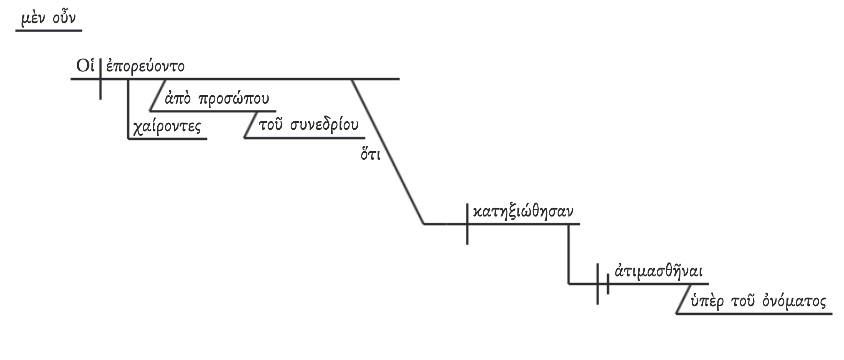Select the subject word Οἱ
pyautogui.click(x=85, y=66)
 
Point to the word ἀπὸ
pyautogui.click(x=177, y=99)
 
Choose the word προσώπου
pyautogui.click(x=234, y=99)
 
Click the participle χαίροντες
pyautogui.click(x=166, y=127)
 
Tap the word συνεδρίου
pyautogui.click(x=324, y=125)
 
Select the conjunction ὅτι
pyautogui.click(x=371, y=156)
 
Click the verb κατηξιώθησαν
pyautogui.click(x=523, y=212)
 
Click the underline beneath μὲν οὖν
pyautogui.click(x=49, y=30)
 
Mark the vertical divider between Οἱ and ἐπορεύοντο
pyautogui.click(x=101, y=79)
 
